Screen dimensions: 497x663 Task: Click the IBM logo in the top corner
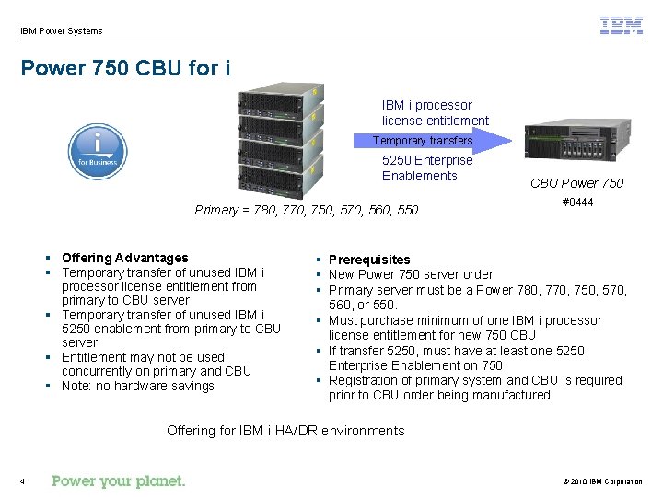[x=622, y=26]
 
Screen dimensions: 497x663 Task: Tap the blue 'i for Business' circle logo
[x=98, y=152]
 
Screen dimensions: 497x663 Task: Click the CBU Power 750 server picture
[x=577, y=142]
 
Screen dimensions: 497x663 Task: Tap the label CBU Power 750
[x=576, y=183]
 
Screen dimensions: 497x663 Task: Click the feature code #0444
[x=577, y=202]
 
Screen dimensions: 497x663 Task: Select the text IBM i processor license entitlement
[x=435, y=113]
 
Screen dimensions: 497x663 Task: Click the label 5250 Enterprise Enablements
[x=426, y=168]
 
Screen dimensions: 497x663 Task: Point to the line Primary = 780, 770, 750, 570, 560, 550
[x=306, y=210]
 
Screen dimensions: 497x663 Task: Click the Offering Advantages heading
[x=124, y=258]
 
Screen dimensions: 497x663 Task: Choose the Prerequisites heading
[x=369, y=260]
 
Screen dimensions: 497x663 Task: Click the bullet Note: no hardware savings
[x=137, y=386]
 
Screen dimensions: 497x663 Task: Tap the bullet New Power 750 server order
[x=411, y=274]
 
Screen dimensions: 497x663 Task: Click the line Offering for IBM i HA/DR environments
[x=285, y=431]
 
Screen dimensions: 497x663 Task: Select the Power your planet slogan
[x=119, y=480]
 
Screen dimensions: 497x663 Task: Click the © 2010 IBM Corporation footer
[x=602, y=481]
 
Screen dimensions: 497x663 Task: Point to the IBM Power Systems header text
[x=62, y=31]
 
